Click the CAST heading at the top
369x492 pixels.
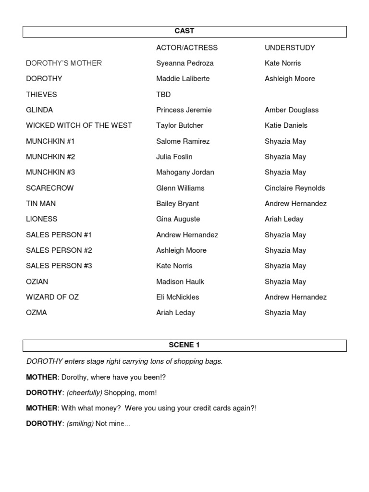184,31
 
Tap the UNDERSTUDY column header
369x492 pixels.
290,48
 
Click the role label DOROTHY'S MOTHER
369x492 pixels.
64,63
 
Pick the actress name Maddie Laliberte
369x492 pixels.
183,79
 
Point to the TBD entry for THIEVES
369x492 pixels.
163,95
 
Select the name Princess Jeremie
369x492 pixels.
184,110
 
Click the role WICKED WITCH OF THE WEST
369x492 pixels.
79,125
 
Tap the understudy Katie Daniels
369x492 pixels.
286,125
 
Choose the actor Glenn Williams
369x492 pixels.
180,188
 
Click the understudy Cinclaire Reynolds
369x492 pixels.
295,188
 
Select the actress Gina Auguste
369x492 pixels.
178,219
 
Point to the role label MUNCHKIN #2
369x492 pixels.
50,157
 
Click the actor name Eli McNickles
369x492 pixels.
178,297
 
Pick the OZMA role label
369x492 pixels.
37,313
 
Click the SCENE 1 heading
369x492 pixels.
184,345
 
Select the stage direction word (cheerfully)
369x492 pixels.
84,393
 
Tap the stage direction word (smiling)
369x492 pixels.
80,424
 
